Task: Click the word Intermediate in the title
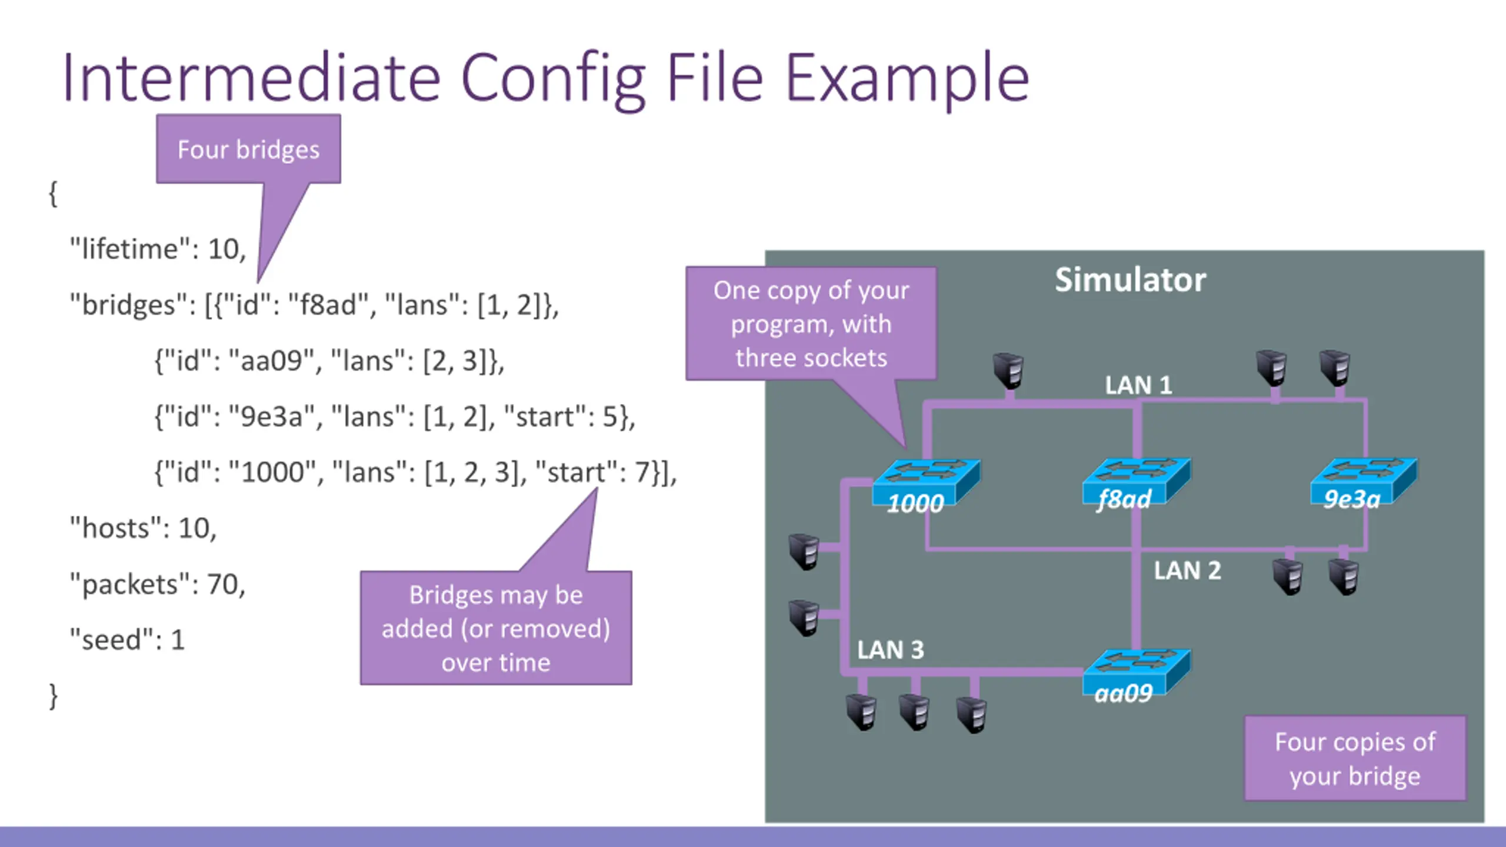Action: (252, 78)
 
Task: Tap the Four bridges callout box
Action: (248, 149)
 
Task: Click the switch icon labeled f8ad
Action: (1136, 484)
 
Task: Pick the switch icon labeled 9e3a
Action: (1364, 484)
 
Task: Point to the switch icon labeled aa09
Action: (1136, 676)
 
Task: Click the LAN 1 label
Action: (1138, 385)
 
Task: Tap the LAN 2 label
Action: (1187, 571)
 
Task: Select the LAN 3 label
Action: (890, 650)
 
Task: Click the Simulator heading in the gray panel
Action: (1130, 279)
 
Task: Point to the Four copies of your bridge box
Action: (1355, 758)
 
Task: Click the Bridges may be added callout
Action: (496, 628)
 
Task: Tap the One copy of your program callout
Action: (811, 324)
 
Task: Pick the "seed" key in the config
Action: (112, 639)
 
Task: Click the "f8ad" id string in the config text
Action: (329, 305)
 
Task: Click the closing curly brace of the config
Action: (54, 696)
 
